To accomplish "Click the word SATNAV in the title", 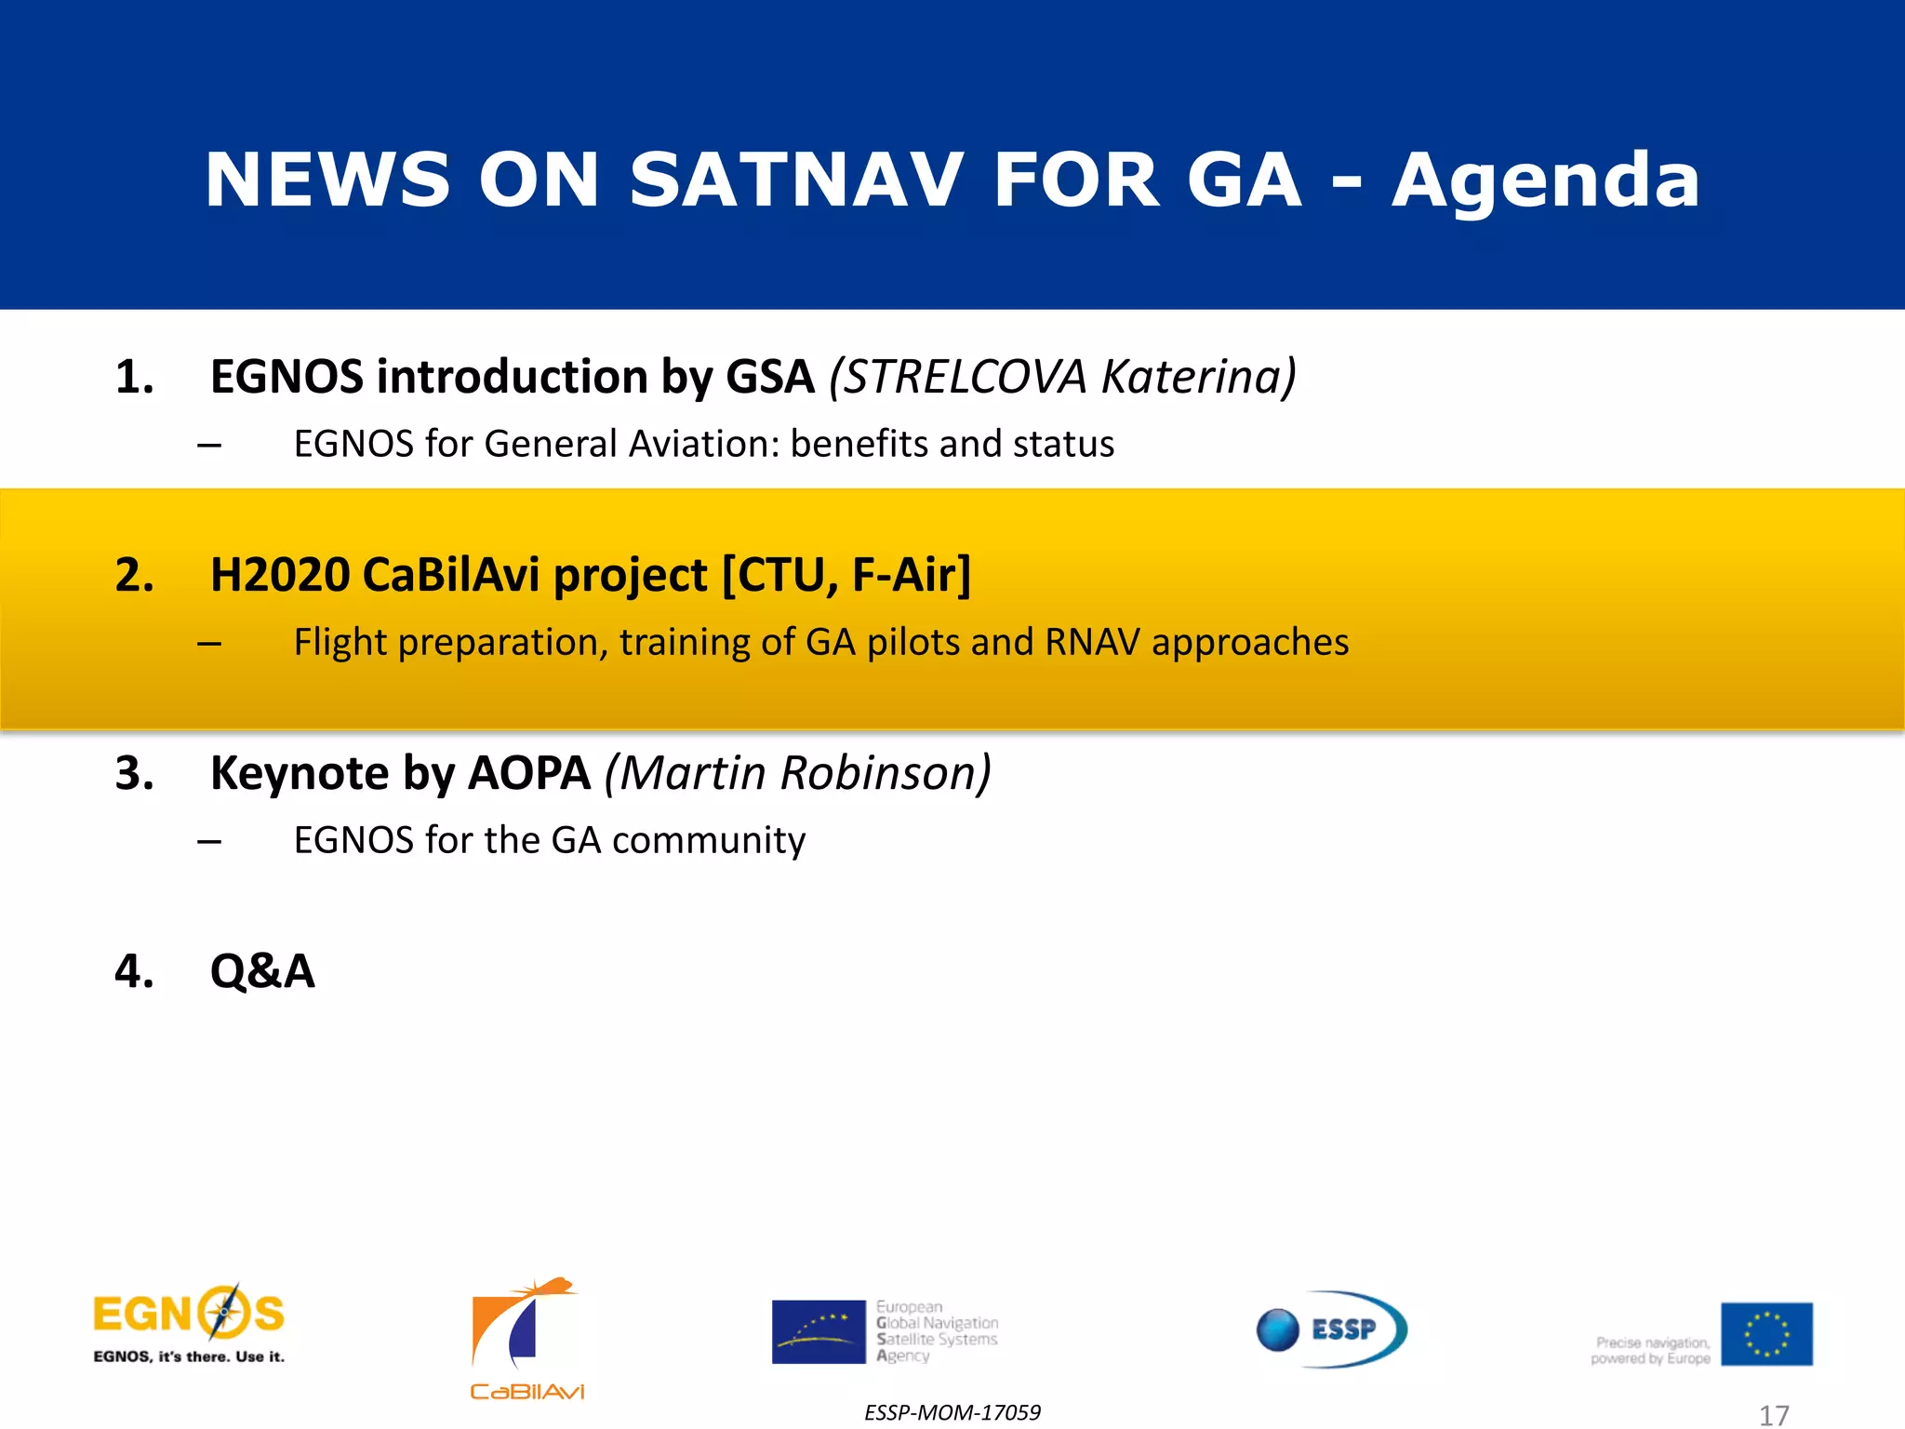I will [x=796, y=180].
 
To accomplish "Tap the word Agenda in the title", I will [x=1545, y=180].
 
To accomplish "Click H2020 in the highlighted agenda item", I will [x=280, y=575].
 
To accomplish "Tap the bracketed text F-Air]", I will [x=912, y=575].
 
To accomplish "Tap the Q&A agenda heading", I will [x=262, y=972].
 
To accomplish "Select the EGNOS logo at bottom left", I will [x=189, y=1324].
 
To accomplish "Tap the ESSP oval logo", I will [x=1332, y=1329].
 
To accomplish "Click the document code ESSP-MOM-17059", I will [x=952, y=1412].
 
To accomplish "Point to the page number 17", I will [x=1774, y=1415].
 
